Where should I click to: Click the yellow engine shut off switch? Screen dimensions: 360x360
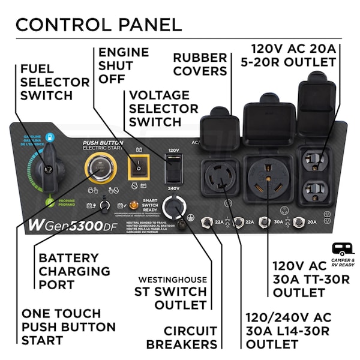pos(139,167)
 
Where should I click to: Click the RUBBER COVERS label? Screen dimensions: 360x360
pos(200,64)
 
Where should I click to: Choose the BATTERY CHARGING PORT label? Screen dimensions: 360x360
pos(74,271)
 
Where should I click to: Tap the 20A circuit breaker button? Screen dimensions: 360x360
pos(300,223)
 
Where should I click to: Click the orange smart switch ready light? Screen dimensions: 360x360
pos(133,206)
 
